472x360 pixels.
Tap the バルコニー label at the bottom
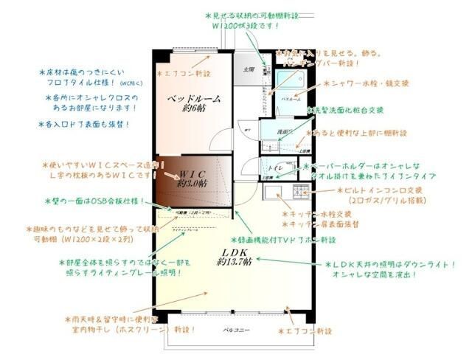tap(237, 330)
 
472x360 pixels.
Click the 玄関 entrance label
tap(249, 69)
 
